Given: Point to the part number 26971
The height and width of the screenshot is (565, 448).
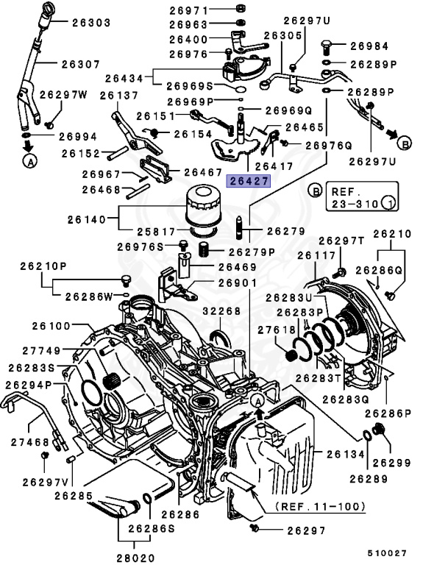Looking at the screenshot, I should click(188, 10).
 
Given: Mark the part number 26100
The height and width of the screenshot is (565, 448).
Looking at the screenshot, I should click(50, 325).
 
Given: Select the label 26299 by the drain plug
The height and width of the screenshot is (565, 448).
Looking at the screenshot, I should click(391, 463).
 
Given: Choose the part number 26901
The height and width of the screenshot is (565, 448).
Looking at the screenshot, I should click(236, 283).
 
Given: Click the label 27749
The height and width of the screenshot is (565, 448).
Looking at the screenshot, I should click(49, 352).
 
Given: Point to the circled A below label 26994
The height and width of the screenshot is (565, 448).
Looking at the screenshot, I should click(29, 159).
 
